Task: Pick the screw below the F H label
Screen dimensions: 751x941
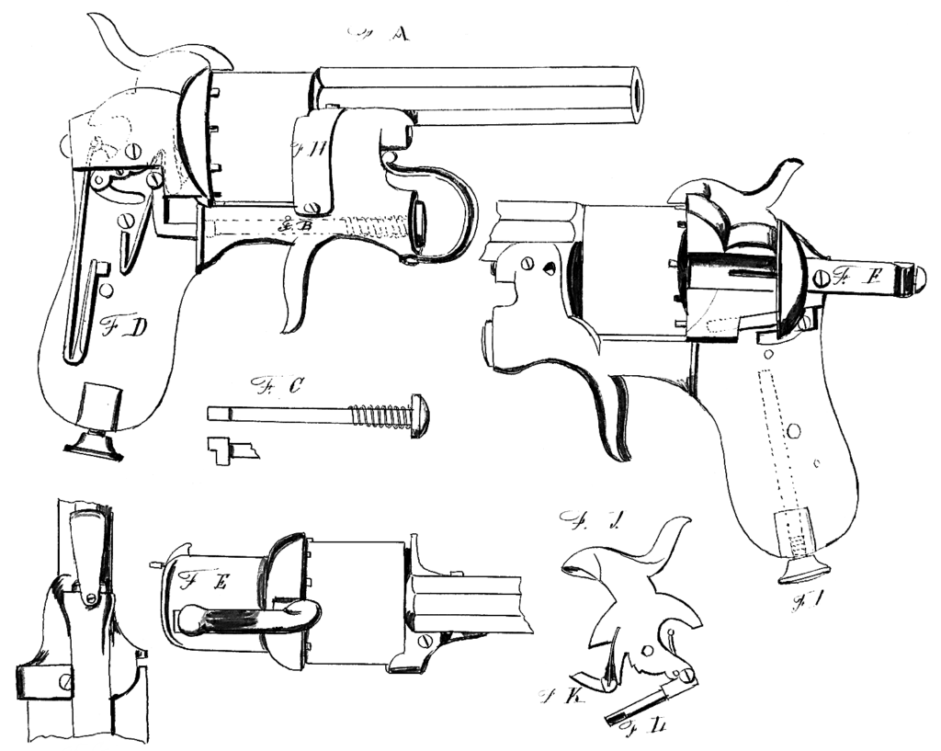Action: (314, 209)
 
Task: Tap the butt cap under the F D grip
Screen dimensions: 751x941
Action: (95, 446)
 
